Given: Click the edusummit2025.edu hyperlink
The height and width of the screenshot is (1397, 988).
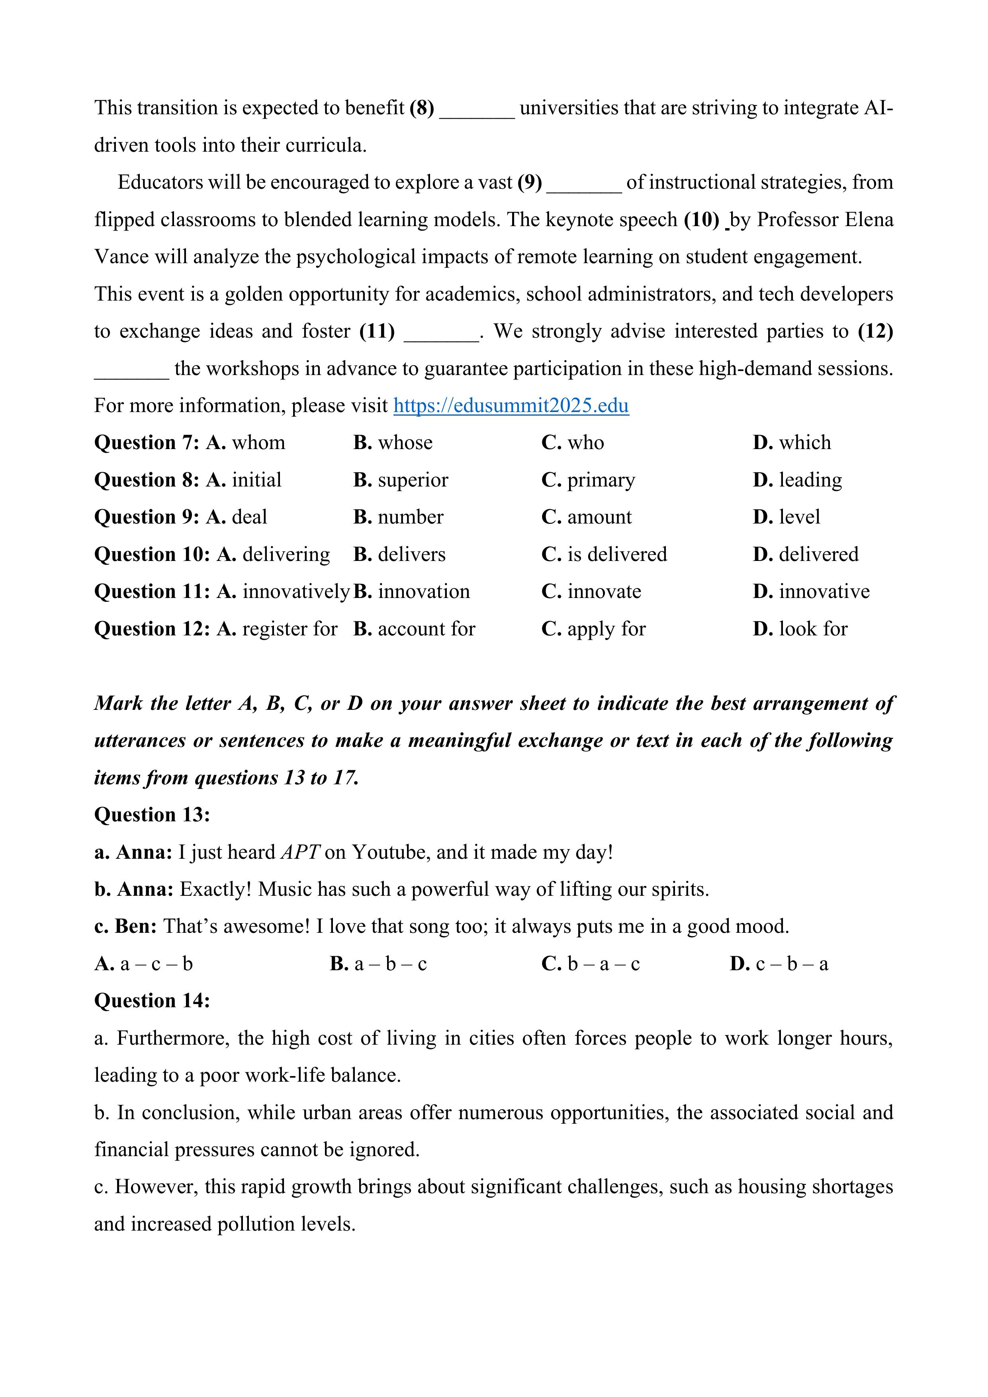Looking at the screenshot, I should pyautogui.click(x=511, y=406).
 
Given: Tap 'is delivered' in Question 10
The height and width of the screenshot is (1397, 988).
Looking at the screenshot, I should pyautogui.click(x=617, y=554).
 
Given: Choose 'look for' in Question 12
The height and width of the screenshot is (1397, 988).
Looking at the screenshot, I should pyautogui.click(x=813, y=629).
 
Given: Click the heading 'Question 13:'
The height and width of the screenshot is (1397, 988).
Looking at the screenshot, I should pyautogui.click(x=152, y=815).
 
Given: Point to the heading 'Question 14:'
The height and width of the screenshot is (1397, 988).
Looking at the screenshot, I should pyautogui.click(x=152, y=1001).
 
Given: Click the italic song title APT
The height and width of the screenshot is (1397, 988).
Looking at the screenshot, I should pyautogui.click(x=300, y=852).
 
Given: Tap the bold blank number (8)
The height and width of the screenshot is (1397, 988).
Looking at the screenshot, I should pyautogui.click(x=422, y=108).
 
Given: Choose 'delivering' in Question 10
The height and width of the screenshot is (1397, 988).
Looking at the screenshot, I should pyautogui.click(x=286, y=554).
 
